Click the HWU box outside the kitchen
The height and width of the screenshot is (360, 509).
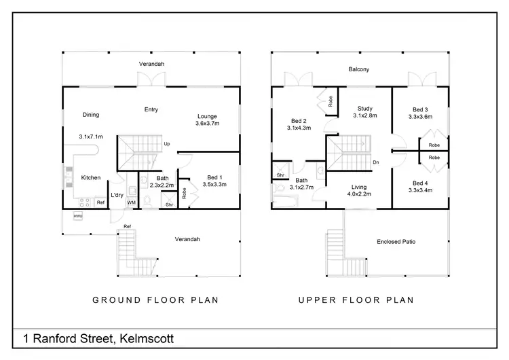[x=78, y=216]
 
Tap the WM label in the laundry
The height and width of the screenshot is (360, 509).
[x=131, y=202]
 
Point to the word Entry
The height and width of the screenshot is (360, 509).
[x=151, y=109]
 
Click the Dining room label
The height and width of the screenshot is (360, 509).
[x=90, y=115]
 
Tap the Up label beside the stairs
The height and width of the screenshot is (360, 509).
[x=166, y=144]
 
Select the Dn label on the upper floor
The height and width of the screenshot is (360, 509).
[x=375, y=162]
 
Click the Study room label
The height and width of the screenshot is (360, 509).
[x=365, y=107]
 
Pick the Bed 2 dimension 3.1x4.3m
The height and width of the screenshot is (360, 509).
[x=299, y=128]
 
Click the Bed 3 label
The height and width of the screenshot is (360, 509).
[x=421, y=109]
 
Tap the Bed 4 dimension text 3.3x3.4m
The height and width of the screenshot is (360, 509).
[x=421, y=190]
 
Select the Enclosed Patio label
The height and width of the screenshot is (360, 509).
[x=396, y=241]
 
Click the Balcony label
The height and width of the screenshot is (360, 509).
[x=358, y=69]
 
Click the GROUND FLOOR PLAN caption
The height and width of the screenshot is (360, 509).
[x=155, y=300]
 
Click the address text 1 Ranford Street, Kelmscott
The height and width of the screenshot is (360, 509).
[x=102, y=338]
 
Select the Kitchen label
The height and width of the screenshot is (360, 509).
[x=91, y=178]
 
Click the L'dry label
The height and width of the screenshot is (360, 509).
[x=117, y=196]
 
